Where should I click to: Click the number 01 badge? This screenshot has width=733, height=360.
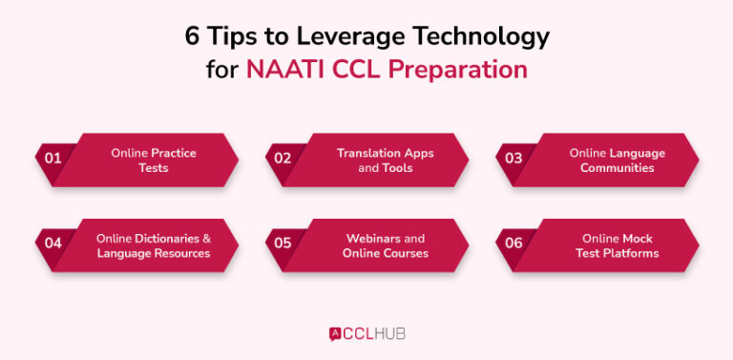52,159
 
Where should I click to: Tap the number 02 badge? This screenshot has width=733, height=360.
283,159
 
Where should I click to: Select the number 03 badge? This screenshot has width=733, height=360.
513,159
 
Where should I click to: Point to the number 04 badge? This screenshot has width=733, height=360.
52,244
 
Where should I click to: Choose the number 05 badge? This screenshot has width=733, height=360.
283,244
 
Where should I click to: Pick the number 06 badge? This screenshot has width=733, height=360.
513,244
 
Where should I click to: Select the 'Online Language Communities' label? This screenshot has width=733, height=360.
617,159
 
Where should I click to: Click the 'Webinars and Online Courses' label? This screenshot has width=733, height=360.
385,245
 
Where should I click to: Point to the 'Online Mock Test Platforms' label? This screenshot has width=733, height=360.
617,245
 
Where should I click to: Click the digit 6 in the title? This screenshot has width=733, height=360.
192,36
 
